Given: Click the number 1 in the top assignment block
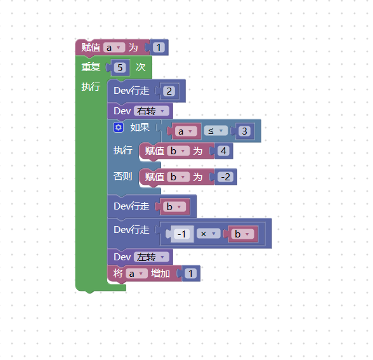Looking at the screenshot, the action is click(159, 48).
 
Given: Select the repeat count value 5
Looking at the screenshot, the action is click(120, 67).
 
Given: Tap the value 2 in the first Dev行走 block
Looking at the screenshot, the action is click(169, 91).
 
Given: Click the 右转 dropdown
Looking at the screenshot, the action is click(152, 111).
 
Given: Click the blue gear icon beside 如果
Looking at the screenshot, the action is click(119, 128).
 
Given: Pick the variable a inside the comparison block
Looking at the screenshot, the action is click(185, 131).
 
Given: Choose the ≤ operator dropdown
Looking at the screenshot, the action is click(216, 131).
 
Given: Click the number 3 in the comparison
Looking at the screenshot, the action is click(244, 131).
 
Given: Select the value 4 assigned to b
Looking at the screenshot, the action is click(223, 151).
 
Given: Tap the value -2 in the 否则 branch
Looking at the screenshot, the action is click(226, 177).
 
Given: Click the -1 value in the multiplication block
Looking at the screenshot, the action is click(181, 234).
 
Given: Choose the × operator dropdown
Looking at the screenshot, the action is click(208, 234).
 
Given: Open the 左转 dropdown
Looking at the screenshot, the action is click(152, 257).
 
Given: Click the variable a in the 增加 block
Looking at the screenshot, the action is click(136, 274).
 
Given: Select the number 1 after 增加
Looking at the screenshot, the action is click(190, 273).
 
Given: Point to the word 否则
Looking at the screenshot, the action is click(123, 177).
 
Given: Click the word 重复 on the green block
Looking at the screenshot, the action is click(91, 67).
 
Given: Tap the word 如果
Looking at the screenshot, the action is click(140, 128).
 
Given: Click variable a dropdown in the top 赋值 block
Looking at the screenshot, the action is click(114, 48).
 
